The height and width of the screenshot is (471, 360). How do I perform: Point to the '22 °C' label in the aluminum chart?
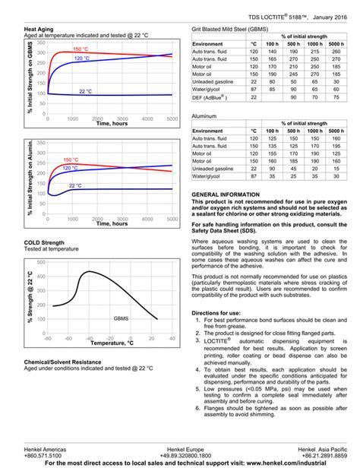pos(76,185)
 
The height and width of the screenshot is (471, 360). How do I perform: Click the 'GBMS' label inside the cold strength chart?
pos(122,318)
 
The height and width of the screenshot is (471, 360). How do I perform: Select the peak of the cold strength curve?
pos(89,271)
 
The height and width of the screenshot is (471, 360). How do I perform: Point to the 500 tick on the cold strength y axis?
pos(40,263)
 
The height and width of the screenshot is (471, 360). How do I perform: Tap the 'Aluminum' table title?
pos(204,116)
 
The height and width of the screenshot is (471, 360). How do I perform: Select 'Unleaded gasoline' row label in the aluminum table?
pos(218,168)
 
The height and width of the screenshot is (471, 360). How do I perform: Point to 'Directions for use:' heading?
pos(219,313)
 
